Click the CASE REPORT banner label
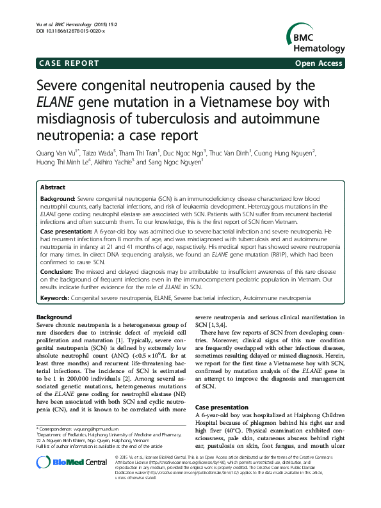(69, 63)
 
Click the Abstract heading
(53, 187)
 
